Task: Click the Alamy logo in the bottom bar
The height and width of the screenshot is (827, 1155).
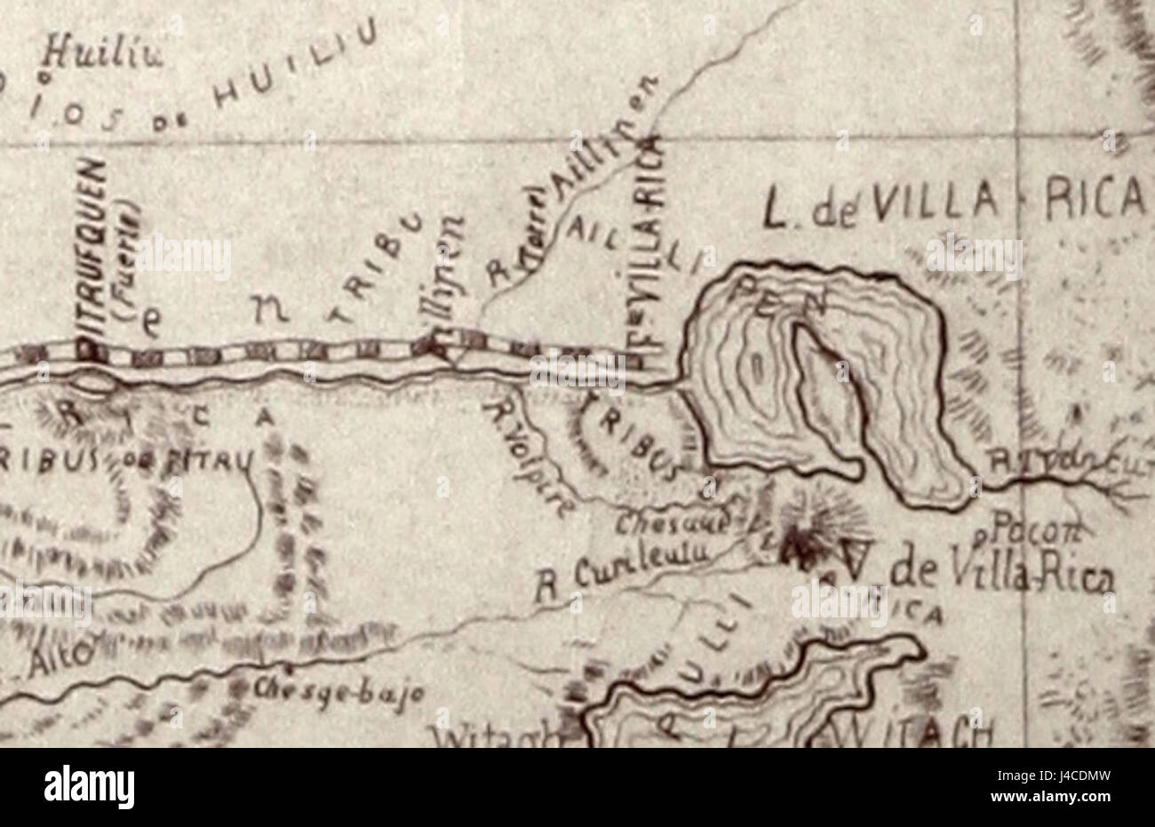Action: coord(89,787)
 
